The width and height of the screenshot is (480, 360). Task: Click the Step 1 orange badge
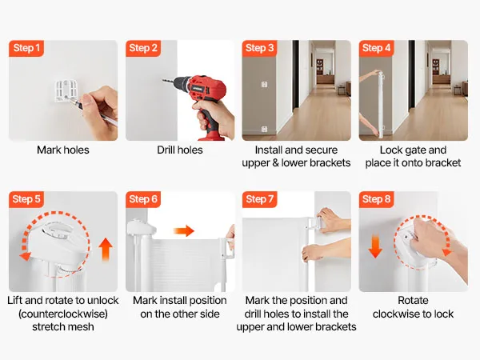[26, 48]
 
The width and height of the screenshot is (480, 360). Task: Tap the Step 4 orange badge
[376, 48]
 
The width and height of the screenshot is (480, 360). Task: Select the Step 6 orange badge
[143, 199]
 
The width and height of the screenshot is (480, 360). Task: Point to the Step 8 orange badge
[376, 199]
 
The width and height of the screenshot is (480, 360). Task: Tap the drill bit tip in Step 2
[163, 81]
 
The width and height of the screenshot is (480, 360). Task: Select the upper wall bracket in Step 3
[265, 84]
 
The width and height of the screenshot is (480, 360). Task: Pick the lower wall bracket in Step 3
[265, 129]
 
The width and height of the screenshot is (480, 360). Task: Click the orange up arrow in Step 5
[106, 249]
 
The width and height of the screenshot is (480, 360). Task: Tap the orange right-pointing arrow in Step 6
[184, 231]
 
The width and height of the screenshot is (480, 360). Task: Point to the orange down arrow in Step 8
[375, 246]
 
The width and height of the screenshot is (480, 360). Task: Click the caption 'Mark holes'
[63, 150]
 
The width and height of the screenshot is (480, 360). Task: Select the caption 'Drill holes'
[180, 150]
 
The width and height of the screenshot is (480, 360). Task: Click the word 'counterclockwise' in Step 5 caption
[63, 314]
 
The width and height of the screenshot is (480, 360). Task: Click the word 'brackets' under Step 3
[331, 162]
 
